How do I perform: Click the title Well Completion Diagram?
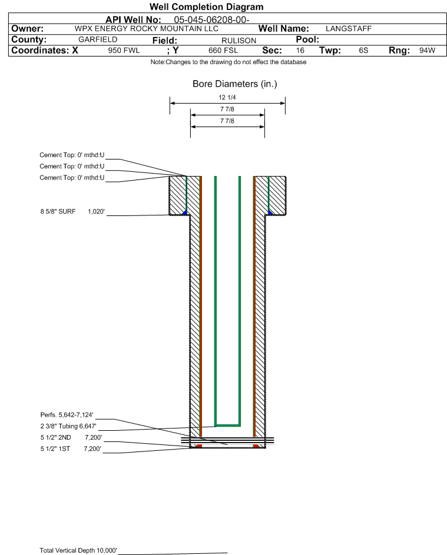click(x=207, y=7)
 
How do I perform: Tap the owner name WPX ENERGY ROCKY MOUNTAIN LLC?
click(x=147, y=29)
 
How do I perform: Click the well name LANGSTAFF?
click(x=349, y=29)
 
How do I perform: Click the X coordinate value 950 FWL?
click(x=124, y=51)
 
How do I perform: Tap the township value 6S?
click(x=363, y=51)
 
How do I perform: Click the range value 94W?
click(x=427, y=51)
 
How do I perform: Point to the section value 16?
click(x=300, y=51)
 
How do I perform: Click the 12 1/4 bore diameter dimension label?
click(x=227, y=98)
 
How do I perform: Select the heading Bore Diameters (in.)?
click(x=234, y=84)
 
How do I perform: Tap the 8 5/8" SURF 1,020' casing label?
click(x=72, y=211)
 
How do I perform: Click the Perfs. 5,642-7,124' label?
click(x=67, y=414)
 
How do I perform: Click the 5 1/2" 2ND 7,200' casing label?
click(x=71, y=437)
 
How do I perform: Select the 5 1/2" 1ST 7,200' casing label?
click(x=71, y=448)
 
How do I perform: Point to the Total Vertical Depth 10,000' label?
click(x=78, y=550)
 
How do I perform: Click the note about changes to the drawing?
click(x=228, y=62)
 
